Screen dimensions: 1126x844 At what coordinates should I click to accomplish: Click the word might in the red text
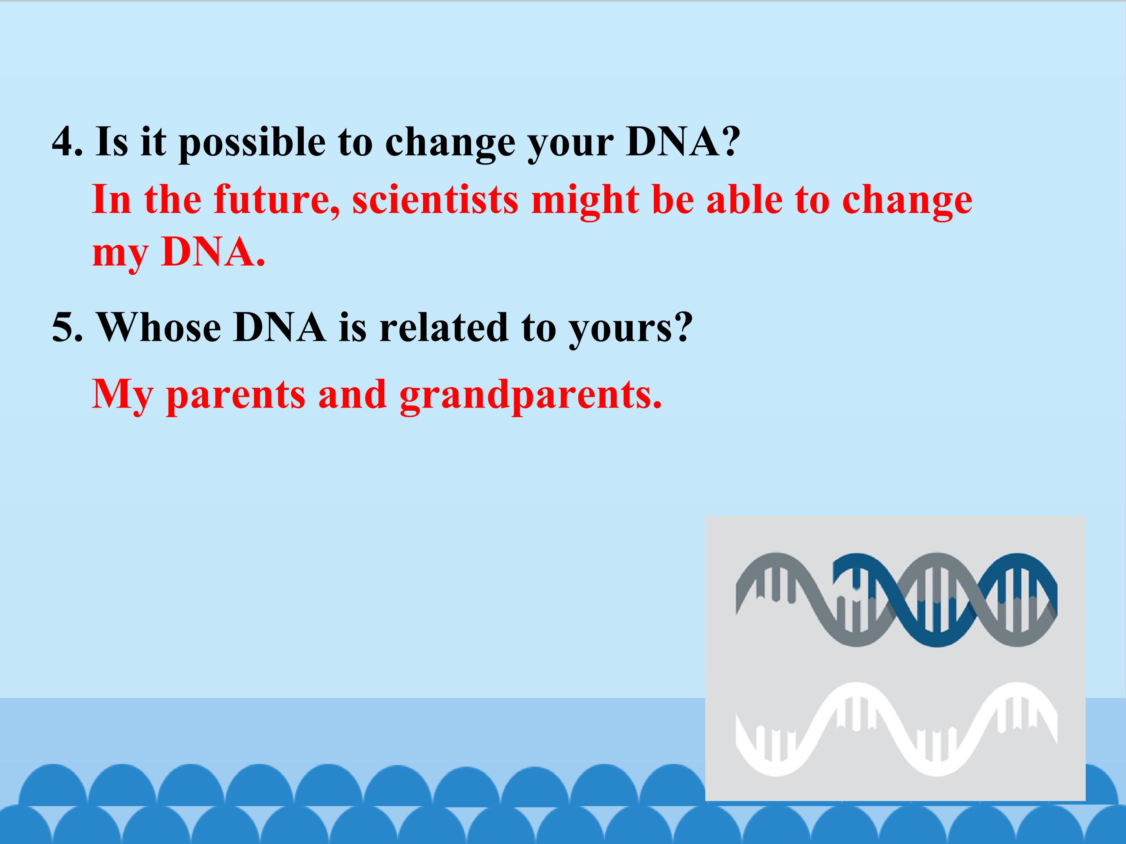585,201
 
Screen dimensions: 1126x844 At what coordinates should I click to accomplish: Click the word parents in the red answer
236,396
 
